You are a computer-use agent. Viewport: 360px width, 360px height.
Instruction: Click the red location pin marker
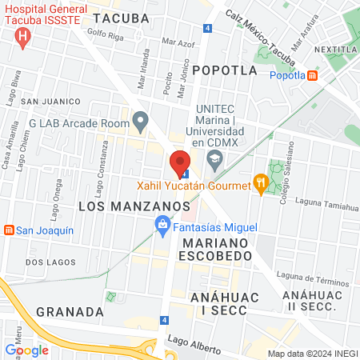click(x=180, y=162)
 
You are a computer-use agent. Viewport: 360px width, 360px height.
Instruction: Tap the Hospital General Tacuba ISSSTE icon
click(x=23, y=36)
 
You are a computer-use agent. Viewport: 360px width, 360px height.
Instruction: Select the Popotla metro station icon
click(x=312, y=76)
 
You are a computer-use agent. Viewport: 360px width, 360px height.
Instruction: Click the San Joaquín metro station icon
click(x=9, y=230)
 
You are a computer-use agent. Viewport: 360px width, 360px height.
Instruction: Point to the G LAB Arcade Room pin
click(x=141, y=123)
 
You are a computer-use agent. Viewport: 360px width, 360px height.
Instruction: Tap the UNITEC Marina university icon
click(x=214, y=160)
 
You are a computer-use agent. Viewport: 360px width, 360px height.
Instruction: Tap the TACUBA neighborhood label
click(x=121, y=18)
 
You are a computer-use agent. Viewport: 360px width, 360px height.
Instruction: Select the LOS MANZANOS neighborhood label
click(x=121, y=206)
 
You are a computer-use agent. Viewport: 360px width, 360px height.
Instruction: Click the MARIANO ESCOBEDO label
click(x=217, y=248)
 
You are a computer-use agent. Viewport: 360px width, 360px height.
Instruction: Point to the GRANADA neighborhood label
click(x=70, y=311)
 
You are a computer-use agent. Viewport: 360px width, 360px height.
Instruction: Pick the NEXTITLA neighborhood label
click(x=336, y=50)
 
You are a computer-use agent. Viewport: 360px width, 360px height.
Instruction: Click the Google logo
click(x=27, y=350)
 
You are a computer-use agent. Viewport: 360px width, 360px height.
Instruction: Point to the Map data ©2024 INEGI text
click(x=311, y=354)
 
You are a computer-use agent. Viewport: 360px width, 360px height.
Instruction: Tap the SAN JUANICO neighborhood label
click(x=50, y=102)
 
